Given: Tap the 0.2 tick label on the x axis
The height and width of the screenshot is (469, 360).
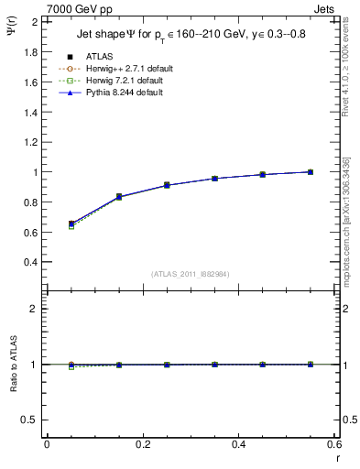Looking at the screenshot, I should pos(142,444).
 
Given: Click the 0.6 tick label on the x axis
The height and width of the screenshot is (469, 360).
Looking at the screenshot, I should pos(334,444).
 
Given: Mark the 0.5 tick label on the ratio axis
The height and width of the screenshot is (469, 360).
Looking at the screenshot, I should pos(30,420).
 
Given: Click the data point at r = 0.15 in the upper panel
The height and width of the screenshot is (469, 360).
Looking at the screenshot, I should pos(119,197).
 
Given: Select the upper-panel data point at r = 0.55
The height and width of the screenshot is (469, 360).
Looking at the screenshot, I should pos(311,171).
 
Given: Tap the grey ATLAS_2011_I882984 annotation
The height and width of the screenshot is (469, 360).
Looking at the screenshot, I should pos(190,274).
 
